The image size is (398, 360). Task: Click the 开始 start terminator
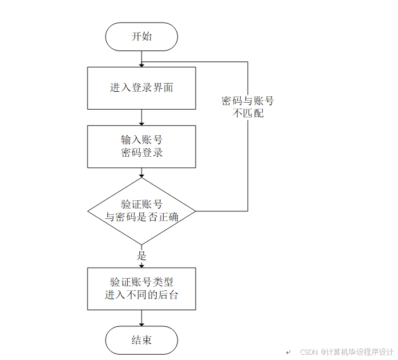141,37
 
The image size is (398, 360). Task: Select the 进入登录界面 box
141,88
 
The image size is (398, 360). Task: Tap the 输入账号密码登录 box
141,146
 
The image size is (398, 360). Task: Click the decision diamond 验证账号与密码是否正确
141,211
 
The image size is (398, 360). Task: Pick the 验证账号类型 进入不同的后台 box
141,289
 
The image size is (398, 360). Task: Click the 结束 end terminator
141,340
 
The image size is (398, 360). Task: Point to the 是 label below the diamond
141,255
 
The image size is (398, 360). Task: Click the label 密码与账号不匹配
248,107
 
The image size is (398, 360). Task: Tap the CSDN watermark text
347,352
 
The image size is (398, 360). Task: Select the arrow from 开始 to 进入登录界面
142,58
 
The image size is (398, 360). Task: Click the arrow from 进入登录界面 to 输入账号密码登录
142,117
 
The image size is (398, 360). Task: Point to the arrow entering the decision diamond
142,172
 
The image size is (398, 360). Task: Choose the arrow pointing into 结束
142,318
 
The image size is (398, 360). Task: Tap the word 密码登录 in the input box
142,153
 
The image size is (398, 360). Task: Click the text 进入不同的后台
142,295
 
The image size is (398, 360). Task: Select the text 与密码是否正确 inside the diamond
142,217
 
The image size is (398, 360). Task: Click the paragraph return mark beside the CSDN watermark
288,352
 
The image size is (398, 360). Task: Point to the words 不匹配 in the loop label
248,113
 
